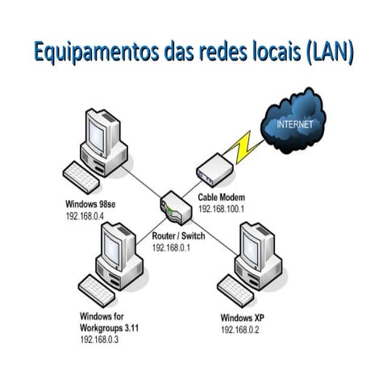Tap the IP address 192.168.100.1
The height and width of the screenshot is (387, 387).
[x=222, y=209]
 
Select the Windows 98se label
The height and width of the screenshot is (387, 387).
[x=93, y=205]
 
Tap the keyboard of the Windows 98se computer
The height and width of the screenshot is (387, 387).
[x=81, y=177]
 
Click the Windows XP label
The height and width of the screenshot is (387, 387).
[x=242, y=318]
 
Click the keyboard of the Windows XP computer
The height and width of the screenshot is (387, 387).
[x=235, y=288]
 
